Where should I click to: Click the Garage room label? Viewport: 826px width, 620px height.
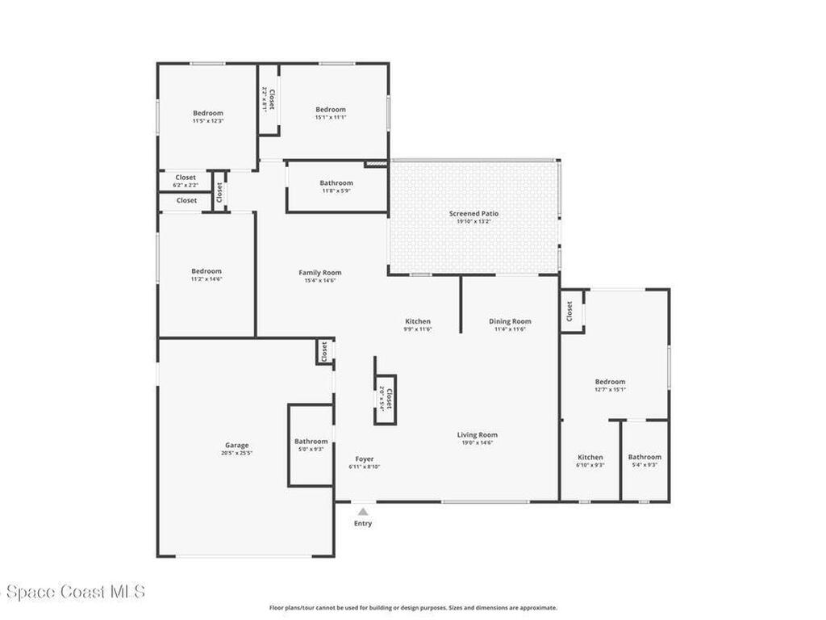[x=236, y=445]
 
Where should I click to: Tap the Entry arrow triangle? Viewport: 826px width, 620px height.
[x=363, y=511]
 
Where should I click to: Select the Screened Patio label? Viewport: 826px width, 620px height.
[x=473, y=214]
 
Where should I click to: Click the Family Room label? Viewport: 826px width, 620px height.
[x=319, y=273]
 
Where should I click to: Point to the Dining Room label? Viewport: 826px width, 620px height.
[x=510, y=321]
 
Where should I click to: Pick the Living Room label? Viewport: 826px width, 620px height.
[x=478, y=434]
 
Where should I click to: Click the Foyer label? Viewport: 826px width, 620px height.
[x=365, y=459]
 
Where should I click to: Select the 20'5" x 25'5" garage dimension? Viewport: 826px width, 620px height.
[x=236, y=453]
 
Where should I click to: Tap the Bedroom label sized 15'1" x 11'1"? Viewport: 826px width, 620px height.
[x=331, y=110]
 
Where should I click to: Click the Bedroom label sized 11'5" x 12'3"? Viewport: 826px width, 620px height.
[x=208, y=113]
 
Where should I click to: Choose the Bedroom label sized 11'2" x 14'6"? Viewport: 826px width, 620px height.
[x=206, y=271]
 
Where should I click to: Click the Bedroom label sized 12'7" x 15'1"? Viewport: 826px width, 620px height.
[x=610, y=382]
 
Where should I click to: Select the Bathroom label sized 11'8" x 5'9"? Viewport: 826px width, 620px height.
[x=336, y=183]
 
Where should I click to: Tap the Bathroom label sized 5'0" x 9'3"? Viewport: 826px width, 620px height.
[x=311, y=442]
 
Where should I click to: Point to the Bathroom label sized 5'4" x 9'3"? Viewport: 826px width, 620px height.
[x=645, y=457]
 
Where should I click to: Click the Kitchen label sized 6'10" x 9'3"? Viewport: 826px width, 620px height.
[x=590, y=457]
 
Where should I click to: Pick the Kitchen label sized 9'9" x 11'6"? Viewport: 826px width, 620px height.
[x=418, y=321]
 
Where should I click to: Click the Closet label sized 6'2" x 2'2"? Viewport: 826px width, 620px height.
[x=186, y=178]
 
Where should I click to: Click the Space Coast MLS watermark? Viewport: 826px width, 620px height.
[x=73, y=592]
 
